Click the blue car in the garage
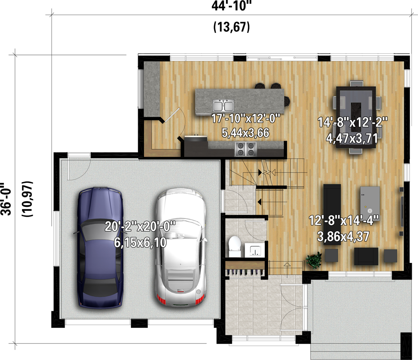tap(100, 247)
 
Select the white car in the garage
tap(181, 247)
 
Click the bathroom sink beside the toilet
tap(255, 250)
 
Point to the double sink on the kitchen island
tap(223, 106)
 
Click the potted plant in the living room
tap(314, 260)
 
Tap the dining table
tap(356, 117)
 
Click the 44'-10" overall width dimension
tap(232, 6)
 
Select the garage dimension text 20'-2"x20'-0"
tap(140, 226)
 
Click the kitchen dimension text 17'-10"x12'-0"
tap(246, 118)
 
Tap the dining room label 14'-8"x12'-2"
tap(353, 123)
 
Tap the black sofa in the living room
tap(332, 214)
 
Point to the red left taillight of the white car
tap(161, 300)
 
